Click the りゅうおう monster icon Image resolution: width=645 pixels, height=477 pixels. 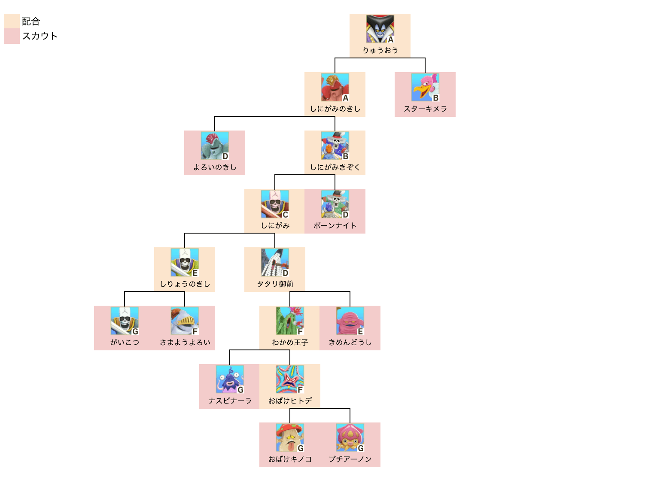click(x=380, y=29)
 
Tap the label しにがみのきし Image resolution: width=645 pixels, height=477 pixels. click(x=335, y=109)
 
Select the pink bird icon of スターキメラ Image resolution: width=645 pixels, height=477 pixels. click(x=425, y=87)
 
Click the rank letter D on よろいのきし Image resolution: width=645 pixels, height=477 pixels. click(x=225, y=156)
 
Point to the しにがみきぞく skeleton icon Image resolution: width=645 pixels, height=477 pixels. click(x=335, y=146)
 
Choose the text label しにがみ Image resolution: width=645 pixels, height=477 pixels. click(x=275, y=226)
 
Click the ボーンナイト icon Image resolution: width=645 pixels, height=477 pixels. click(x=335, y=204)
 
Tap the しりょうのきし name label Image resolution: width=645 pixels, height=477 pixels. click(x=185, y=284)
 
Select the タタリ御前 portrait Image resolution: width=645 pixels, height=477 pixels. click(x=274, y=262)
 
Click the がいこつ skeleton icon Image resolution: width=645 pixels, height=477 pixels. click(x=124, y=321)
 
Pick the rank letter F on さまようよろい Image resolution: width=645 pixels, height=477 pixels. click(x=195, y=331)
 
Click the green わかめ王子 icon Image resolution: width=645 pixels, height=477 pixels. click(x=289, y=321)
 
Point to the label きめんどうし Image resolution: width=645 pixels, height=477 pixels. click(x=350, y=343)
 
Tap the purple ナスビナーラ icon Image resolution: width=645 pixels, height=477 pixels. click(x=229, y=379)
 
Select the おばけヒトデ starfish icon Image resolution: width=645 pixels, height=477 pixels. click(x=289, y=379)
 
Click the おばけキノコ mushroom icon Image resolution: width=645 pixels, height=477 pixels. click(x=289, y=438)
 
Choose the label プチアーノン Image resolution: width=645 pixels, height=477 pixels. click(x=350, y=459)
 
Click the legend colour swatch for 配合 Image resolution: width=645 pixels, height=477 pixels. click(x=12, y=21)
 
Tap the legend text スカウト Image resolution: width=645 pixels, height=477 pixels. click(x=40, y=36)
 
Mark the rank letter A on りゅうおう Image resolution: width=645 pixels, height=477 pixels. click(x=390, y=39)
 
